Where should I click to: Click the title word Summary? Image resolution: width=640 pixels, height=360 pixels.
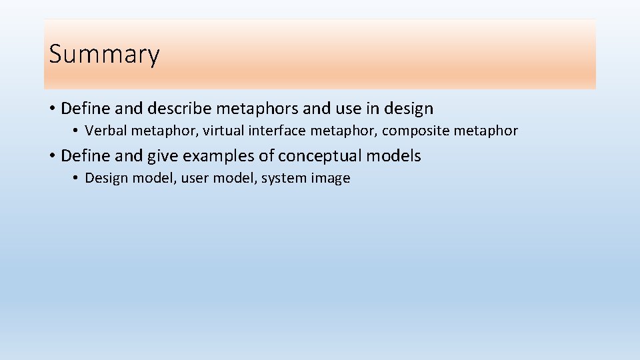point(104,54)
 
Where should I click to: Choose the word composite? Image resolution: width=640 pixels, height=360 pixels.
point(415,131)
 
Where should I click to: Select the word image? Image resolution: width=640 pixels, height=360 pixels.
point(331,178)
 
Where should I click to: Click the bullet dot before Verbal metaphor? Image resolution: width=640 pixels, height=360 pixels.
point(77,131)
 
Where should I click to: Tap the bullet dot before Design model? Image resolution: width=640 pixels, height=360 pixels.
point(77,178)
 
